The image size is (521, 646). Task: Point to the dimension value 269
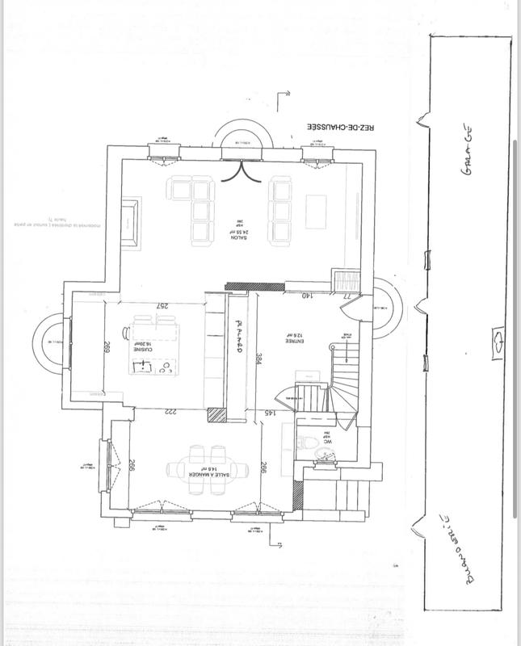point(106,349)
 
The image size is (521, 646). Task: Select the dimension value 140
point(307,296)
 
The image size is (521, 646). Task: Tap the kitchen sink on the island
point(143,368)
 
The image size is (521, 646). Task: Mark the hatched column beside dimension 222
point(215,414)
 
